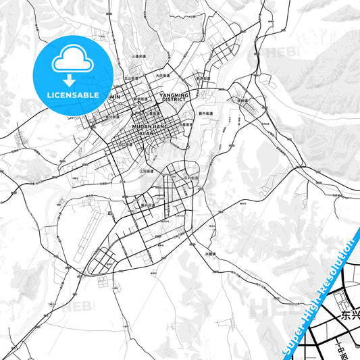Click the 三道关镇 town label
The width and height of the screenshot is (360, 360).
140,57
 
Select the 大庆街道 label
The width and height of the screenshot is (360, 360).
161,76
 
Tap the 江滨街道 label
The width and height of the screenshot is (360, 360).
147,171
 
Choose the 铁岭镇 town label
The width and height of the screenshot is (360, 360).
242,100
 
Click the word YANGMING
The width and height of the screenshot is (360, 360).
174,95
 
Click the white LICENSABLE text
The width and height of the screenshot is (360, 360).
72,95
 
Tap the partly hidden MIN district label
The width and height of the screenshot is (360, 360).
114,97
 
